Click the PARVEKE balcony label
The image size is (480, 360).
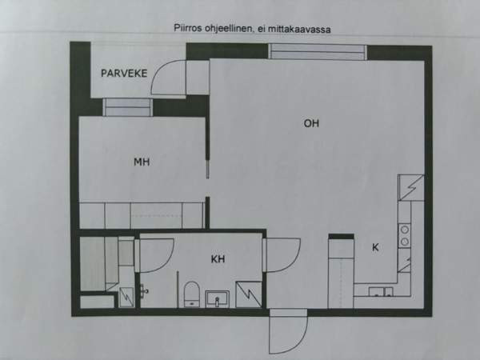click(124, 73)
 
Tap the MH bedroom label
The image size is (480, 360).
click(142, 162)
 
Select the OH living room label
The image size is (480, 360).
click(311, 123)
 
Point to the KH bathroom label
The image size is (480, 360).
click(218, 259)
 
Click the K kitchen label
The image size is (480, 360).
click(375, 247)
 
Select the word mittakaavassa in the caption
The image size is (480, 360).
click(299, 30)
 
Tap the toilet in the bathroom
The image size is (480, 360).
click(192, 294)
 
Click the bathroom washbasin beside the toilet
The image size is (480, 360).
click(217, 298)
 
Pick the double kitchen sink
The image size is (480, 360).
click(381, 292)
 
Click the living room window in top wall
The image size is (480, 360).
click(318, 51)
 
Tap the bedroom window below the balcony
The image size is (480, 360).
click(127, 107)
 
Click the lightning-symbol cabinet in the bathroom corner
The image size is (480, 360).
click(249, 294)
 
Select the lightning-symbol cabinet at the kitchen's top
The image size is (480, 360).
click(411, 187)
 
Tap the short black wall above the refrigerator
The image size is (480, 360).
click(342, 236)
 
